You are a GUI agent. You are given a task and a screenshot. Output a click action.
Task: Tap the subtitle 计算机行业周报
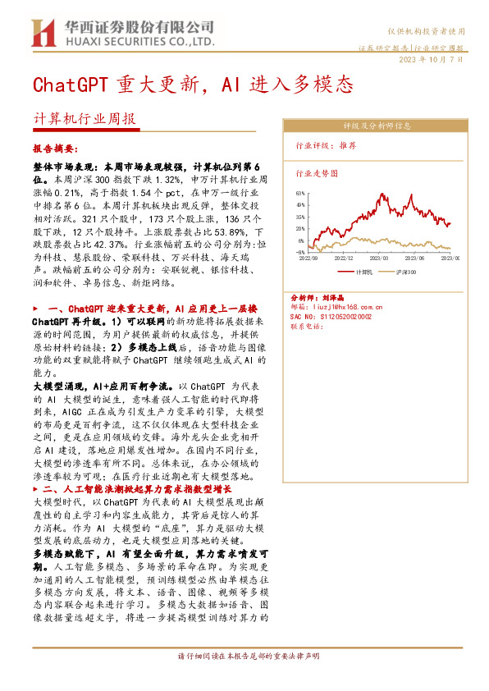tap(84, 118)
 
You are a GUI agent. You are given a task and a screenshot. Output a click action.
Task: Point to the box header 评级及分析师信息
tap(377, 126)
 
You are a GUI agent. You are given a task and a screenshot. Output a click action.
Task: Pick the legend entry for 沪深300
tap(405, 271)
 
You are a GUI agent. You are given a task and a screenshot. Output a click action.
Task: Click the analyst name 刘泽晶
tap(331, 297)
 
